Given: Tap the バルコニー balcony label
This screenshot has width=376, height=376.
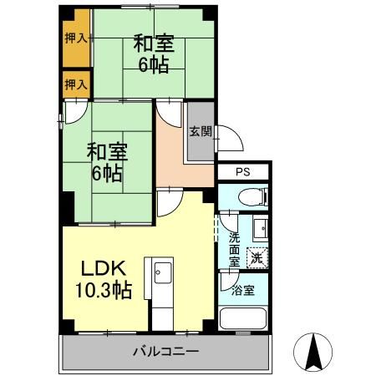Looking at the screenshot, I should point(165,352).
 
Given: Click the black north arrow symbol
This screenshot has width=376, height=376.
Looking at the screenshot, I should point(314,352).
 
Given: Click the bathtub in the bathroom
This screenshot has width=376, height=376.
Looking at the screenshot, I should point(242,321).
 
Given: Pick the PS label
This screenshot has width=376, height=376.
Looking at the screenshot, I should point(242,172).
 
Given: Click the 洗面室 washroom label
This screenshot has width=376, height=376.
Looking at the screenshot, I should point(235,249).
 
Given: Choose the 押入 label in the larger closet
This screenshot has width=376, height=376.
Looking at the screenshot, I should point(76,38).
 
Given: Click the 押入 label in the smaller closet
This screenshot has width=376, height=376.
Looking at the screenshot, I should point(76,84).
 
